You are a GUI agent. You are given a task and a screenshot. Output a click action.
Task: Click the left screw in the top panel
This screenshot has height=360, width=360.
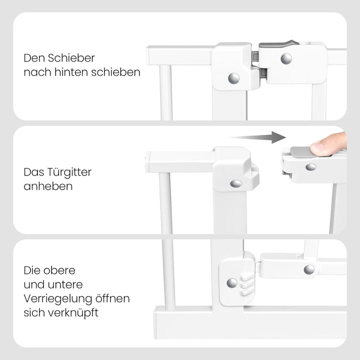pos(233,78)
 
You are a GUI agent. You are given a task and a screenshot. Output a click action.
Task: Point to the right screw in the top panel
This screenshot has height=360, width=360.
pos(286,59)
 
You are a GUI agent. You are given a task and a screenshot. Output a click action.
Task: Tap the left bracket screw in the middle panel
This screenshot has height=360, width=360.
pos(235,183)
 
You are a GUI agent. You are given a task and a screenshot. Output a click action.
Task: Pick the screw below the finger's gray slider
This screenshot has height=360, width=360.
pos(310,167)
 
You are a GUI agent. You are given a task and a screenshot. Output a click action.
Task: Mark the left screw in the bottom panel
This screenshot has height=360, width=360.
pos(232,283)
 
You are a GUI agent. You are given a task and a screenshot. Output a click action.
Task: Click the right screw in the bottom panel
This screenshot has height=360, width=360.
pos(309,269)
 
